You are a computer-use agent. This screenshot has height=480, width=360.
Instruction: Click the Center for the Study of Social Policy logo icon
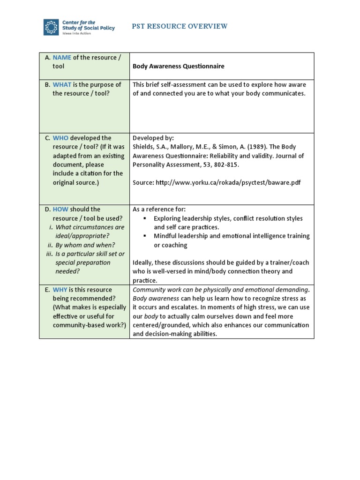point(51,27)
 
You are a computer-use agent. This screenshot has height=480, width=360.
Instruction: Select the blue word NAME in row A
point(62,57)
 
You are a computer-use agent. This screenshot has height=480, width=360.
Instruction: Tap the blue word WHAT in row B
point(63,84)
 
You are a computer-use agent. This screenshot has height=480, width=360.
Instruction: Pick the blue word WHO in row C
point(60,138)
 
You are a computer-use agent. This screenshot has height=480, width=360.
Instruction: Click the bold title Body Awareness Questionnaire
point(178,66)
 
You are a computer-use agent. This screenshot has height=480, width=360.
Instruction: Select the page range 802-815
point(226,165)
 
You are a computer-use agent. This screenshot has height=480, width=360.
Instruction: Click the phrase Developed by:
point(153,138)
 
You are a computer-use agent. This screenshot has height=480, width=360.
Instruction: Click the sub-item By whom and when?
point(88,245)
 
